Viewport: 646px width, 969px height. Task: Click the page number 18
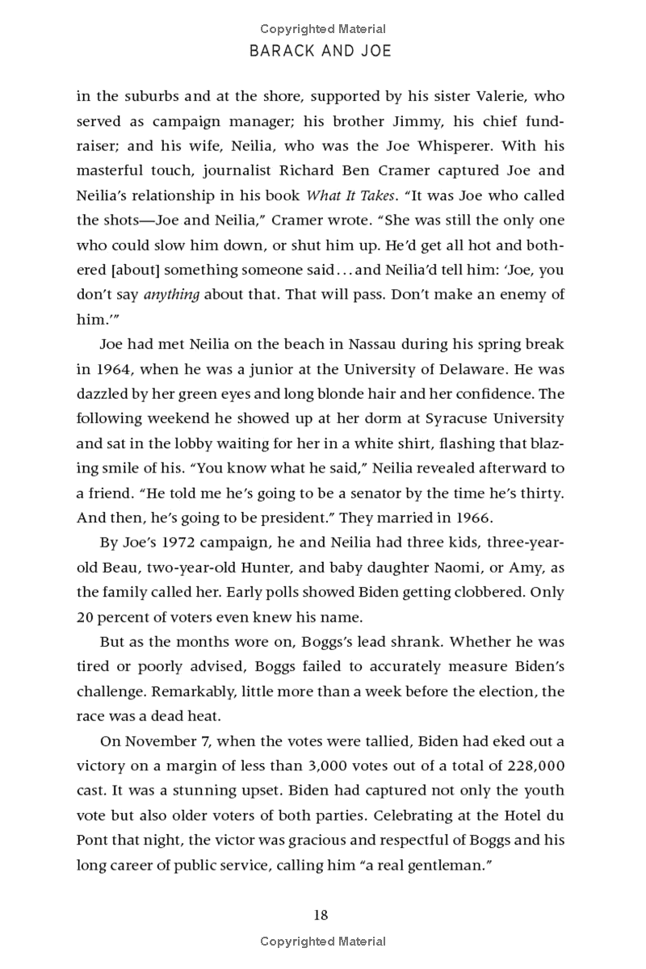tap(321, 915)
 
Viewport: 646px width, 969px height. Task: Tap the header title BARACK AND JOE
tap(321, 51)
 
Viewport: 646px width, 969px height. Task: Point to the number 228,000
tap(531, 766)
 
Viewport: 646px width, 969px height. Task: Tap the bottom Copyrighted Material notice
tap(322, 941)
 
